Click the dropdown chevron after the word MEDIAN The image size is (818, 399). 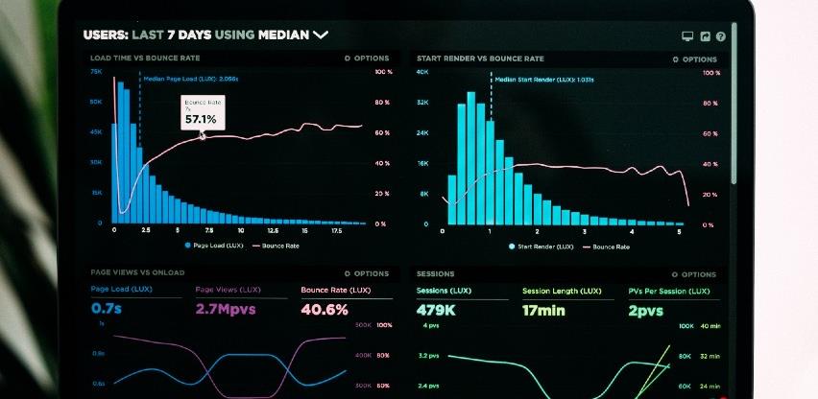click(321, 35)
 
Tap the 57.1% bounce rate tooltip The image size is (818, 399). click(203, 112)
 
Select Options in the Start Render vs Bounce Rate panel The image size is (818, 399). click(693, 59)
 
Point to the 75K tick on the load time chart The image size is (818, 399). click(96, 72)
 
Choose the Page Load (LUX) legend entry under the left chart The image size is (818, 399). click(216, 246)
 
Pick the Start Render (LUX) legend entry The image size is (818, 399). click(542, 246)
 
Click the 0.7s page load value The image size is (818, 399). click(107, 310)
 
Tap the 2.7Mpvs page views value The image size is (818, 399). click(226, 310)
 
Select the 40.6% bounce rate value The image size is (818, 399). click(325, 310)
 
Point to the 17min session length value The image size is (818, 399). click(544, 310)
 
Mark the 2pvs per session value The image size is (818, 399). click(646, 310)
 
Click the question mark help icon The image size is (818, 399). click(721, 36)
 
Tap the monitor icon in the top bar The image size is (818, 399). click(687, 36)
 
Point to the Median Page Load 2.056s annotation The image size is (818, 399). click(191, 79)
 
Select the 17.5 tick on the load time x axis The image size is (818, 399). click(336, 231)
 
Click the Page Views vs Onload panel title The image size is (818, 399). click(136, 273)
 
